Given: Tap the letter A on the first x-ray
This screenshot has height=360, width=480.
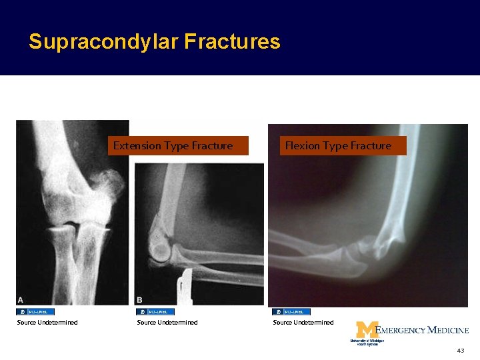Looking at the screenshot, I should coord(21,299).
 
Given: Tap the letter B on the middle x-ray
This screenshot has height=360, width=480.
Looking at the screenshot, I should coord(140,300).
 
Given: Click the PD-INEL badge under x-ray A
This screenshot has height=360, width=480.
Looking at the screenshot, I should coord(35,311).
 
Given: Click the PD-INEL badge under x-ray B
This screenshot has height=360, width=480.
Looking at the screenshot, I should coord(155,311).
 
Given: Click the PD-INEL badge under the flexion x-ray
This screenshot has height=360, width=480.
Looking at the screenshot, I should coord(291,311).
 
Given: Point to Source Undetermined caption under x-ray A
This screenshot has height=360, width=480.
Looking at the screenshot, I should coord(47,323).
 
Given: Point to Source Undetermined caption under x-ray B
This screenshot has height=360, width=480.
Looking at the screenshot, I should coord(167,323).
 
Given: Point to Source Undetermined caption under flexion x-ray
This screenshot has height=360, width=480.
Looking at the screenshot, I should coord(303,323).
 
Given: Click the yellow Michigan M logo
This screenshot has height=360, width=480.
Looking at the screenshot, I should coord(366,329).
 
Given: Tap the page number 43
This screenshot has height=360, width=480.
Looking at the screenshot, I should coord(460,351).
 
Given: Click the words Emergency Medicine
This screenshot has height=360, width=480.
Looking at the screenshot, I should coord(423,330).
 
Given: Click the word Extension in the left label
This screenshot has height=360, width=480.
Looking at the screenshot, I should coord(137,145).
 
